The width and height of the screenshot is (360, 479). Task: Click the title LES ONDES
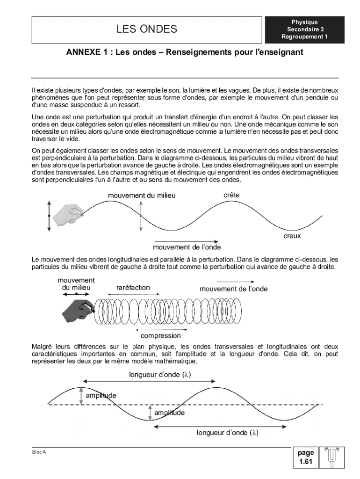(x=146, y=29)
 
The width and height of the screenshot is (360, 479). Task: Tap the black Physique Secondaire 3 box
(x=304, y=29)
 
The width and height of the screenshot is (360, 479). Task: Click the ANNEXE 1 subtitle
(x=185, y=52)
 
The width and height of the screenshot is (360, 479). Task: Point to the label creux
(x=292, y=236)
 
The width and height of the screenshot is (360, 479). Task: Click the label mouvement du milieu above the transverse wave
(x=142, y=196)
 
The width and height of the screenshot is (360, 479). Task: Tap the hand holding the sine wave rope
(x=67, y=214)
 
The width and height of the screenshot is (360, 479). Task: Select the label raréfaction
(x=133, y=288)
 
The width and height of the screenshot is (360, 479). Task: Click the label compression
(x=161, y=336)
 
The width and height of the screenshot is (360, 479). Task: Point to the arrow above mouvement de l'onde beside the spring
(x=235, y=282)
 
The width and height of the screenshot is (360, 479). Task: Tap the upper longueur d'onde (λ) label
(x=160, y=374)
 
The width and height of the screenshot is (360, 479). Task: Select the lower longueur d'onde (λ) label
(x=228, y=433)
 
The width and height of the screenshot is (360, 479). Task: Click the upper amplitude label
(x=101, y=396)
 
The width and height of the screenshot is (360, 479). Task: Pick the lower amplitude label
(x=169, y=413)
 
